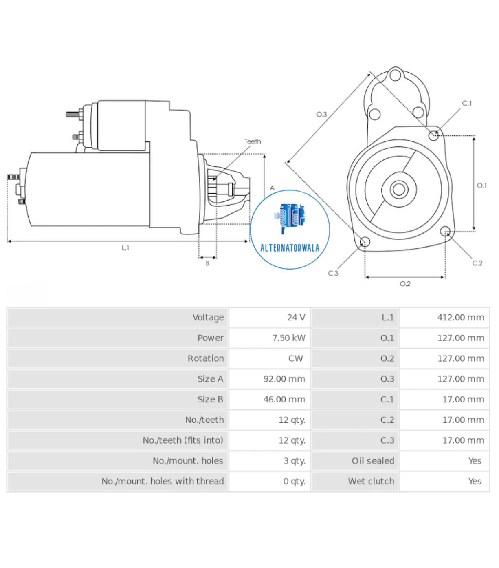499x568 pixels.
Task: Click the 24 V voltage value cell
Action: tap(296, 317)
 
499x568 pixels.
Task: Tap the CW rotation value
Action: tap(295, 358)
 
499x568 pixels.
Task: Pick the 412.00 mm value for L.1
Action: tap(460, 317)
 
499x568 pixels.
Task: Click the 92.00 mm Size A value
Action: tap(284, 379)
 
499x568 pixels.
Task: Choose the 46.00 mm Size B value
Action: tap(284, 399)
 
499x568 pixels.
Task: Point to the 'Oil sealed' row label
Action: tap(373, 461)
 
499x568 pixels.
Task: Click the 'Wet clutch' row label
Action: tap(371, 481)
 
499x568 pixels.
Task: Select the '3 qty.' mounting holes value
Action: tap(294, 461)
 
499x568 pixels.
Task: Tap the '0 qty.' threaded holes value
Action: tap(294, 481)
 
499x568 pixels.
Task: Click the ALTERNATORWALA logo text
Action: tap(290, 248)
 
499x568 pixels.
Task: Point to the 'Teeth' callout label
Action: tap(253, 141)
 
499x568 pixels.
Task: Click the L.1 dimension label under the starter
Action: tap(125, 248)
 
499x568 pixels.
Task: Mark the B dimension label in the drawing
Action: tap(207, 263)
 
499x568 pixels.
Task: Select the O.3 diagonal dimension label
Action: tap(321, 114)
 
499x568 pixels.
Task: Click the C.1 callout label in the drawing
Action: tap(466, 104)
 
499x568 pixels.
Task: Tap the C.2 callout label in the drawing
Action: tap(477, 263)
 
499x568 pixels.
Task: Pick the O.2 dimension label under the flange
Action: tap(405, 284)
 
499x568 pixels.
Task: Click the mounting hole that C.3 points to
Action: tap(365, 241)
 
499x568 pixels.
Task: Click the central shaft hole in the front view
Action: tap(398, 190)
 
